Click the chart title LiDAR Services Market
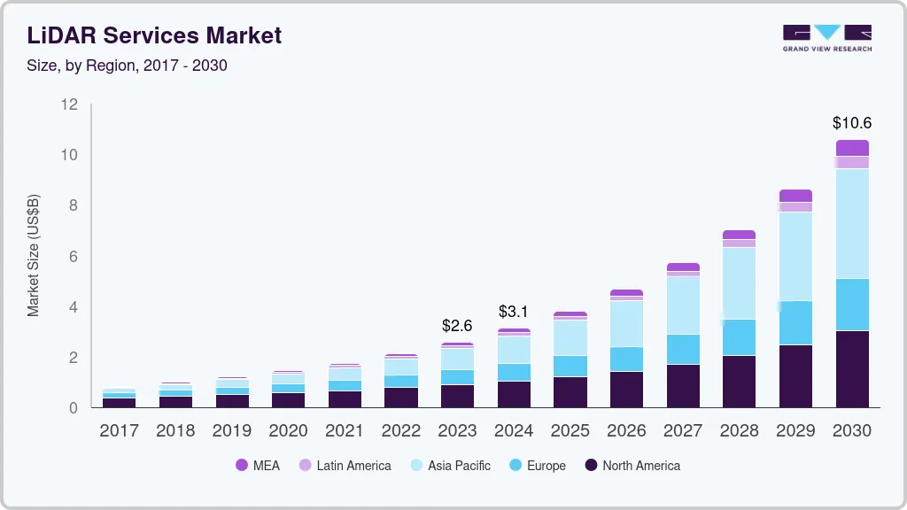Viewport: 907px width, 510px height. click(x=155, y=35)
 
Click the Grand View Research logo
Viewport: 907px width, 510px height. click(x=826, y=37)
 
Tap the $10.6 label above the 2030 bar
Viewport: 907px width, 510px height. click(x=852, y=123)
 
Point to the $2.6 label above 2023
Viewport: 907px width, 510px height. click(x=457, y=326)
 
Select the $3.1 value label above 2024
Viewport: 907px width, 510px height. click(x=514, y=312)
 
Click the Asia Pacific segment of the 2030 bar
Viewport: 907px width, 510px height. click(x=852, y=223)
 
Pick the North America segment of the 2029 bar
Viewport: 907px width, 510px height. click(x=795, y=375)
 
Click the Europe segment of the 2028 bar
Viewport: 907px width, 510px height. click(x=739, y=337)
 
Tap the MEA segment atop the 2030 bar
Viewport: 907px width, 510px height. click(x=852, y=148)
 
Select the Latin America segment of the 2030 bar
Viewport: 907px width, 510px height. click(x=852, y=162)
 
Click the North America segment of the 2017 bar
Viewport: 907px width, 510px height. click(x=119, y=402)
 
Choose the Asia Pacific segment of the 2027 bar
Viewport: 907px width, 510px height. click(x=683, y=305)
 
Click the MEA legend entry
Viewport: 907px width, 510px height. click(x=258, y=466)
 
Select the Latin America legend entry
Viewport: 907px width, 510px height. click(x=345, y=466)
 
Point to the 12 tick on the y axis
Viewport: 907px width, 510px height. click(x=69, y=104)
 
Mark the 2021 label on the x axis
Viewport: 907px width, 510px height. click(x=345, y=431)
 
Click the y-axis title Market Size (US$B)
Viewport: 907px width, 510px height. click(x=34, y=255)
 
